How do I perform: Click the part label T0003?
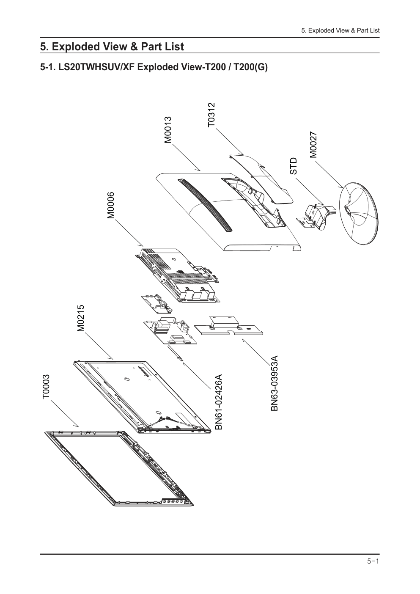tap(46, 386)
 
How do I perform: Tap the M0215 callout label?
tap(81, 318)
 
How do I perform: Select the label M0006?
tap(110, 205)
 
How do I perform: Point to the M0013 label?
tap(168, 129)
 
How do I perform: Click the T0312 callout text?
tap(211, 115)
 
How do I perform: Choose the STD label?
tap(294, 166)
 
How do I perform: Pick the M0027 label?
tap(313, 145)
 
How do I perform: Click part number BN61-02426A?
tap(218, 402)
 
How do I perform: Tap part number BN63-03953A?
tap(275, 383)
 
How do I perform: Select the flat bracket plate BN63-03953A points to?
tap(228, 326)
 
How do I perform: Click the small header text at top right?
tap(340, 30)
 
